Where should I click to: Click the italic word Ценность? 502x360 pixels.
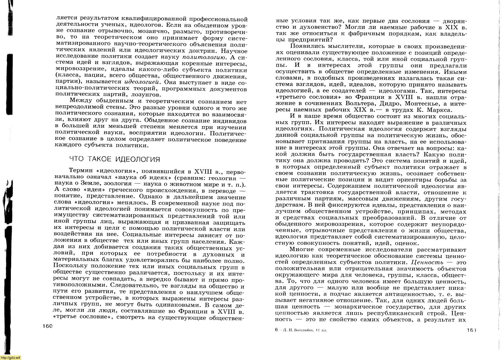click(x=427, y=262)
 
